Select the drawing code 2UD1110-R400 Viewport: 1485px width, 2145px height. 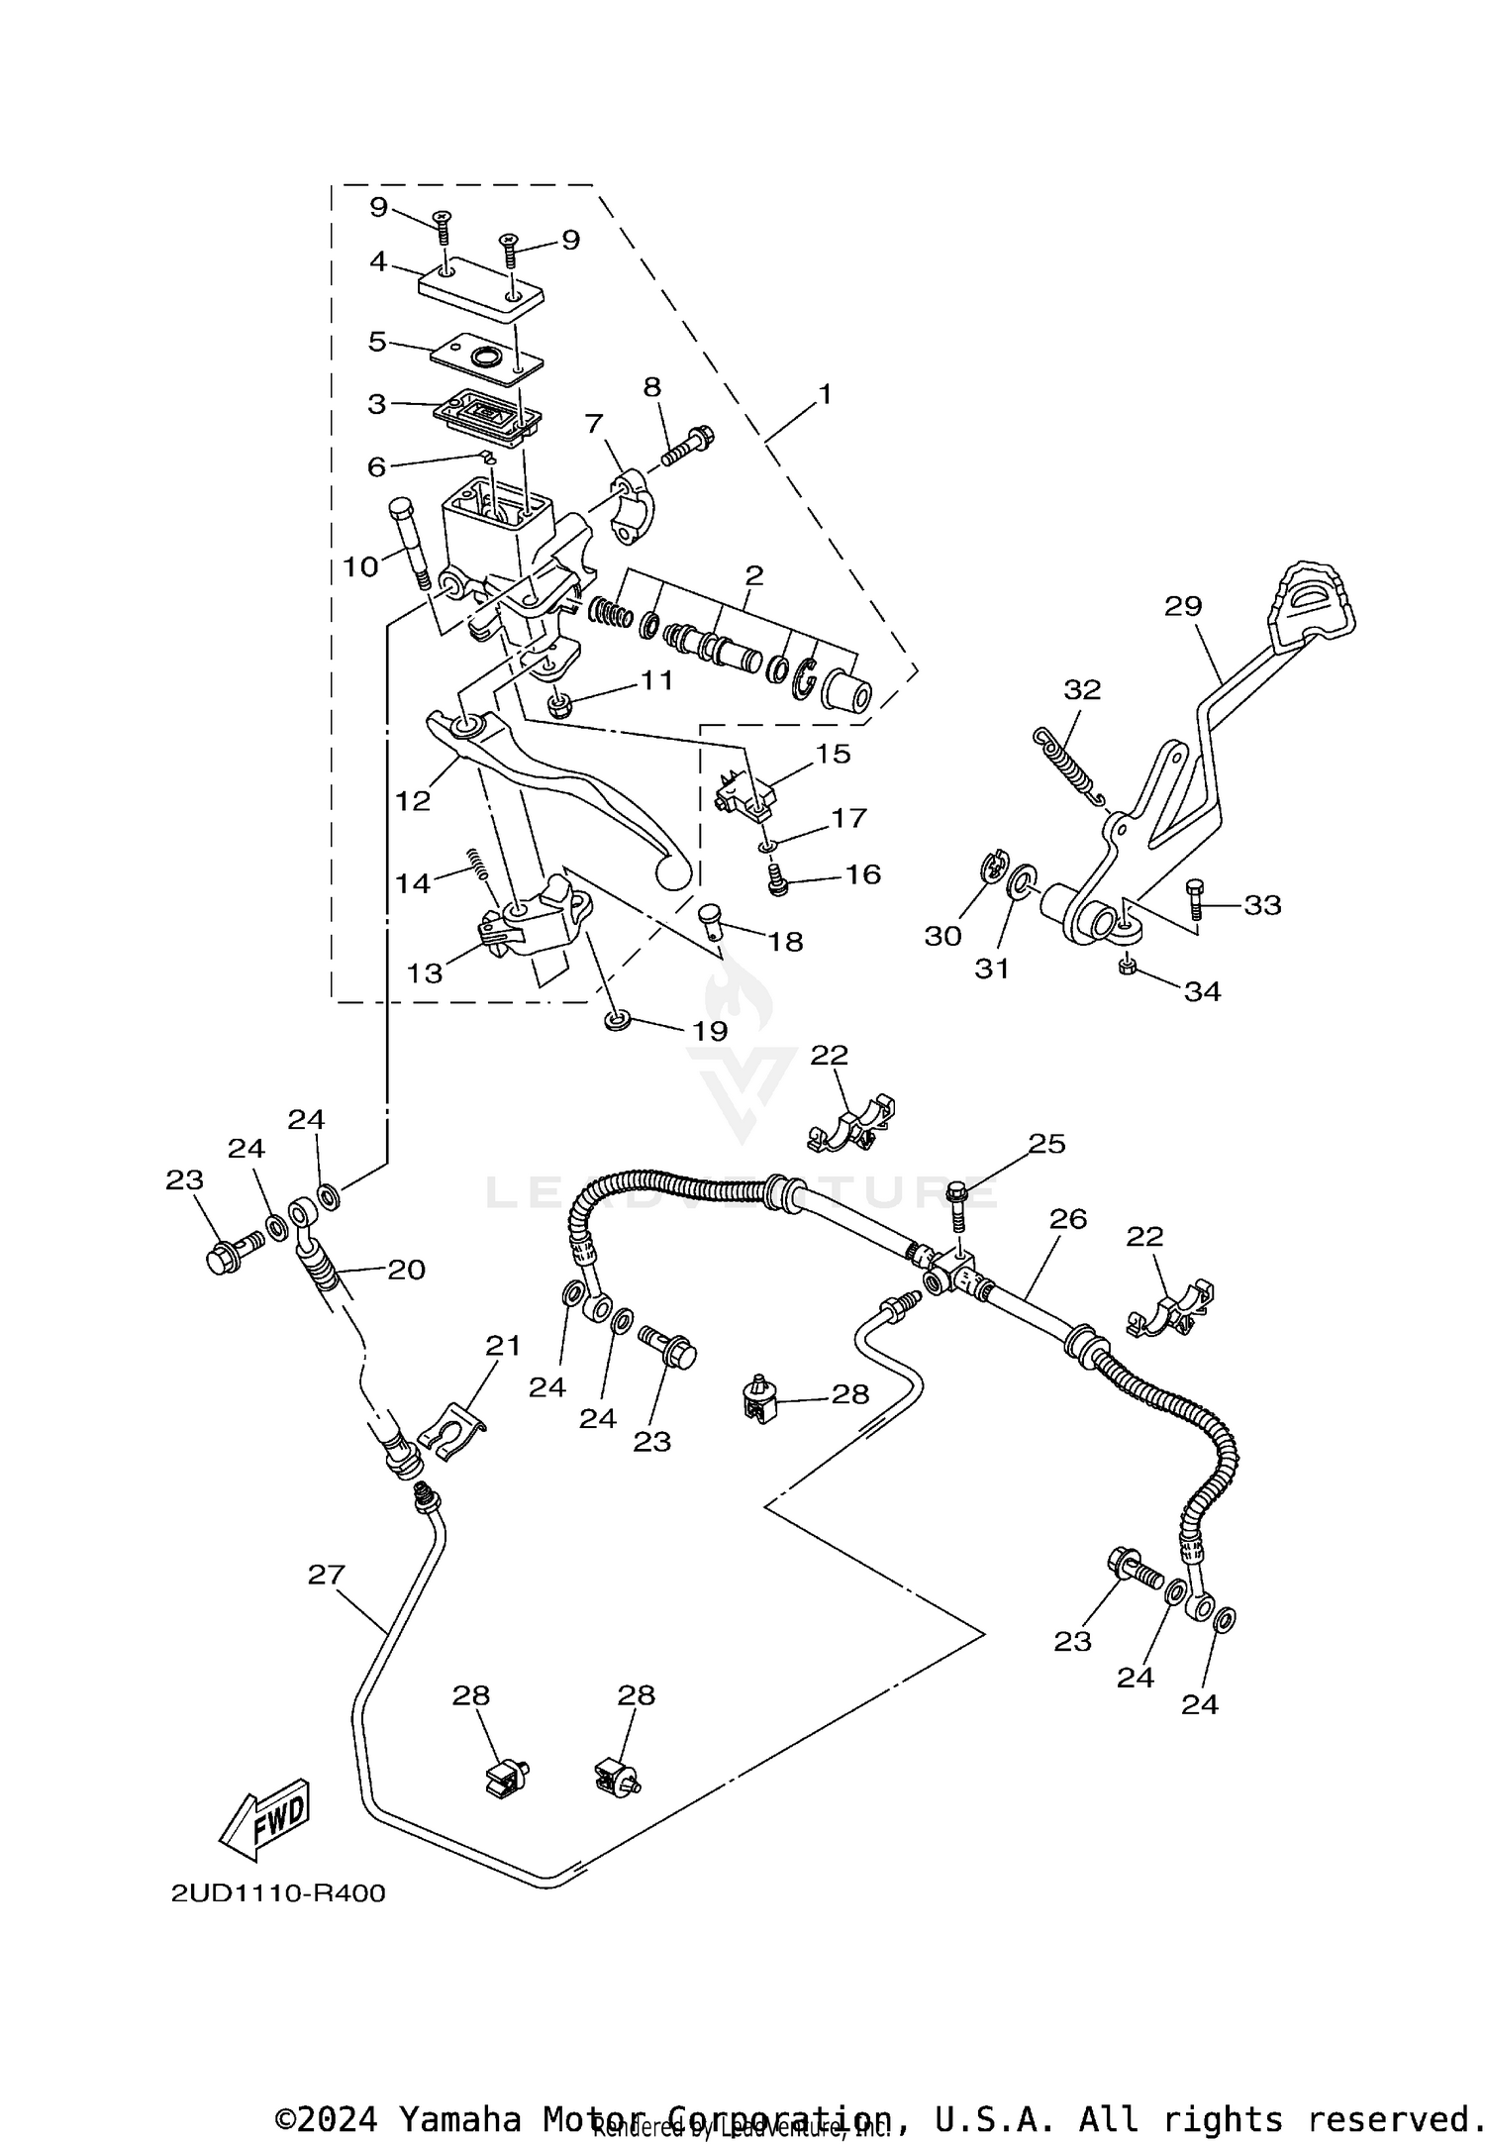[x=278, y=1893]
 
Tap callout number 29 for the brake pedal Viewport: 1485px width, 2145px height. [x=1182, y=606]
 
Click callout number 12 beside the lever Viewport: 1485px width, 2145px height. [x=413, y=800]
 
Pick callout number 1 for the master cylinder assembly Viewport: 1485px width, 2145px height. [x=825, y=394]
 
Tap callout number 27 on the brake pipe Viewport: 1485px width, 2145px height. [x=327, y=1574]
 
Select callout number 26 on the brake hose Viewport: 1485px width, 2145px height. [x=1068, y=1219]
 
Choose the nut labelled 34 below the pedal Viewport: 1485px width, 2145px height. [x=1127, y=966]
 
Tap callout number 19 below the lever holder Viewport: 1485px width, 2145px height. [x=710, y=1030]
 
